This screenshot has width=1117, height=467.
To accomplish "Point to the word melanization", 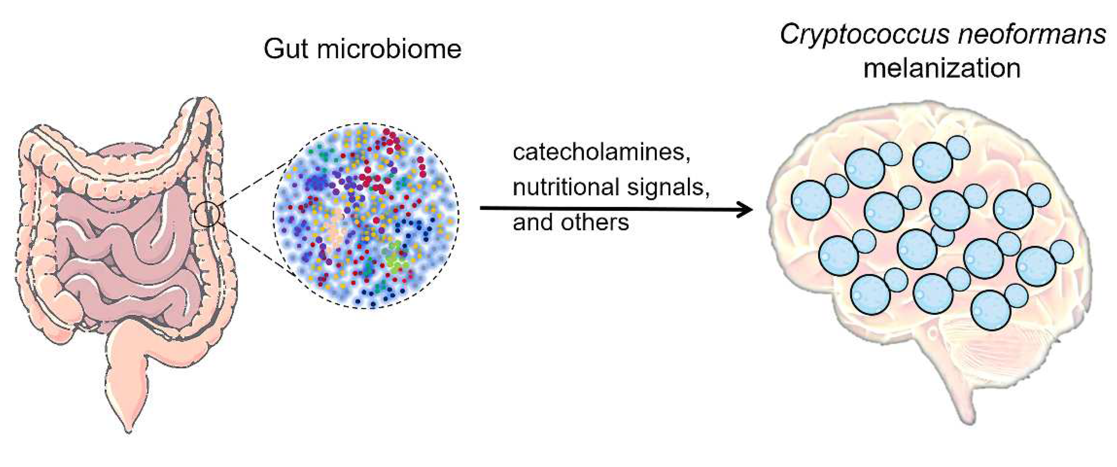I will coord(942,68).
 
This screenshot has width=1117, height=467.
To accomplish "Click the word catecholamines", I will coord(601,152).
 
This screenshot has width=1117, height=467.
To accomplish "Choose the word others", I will coord(594,222).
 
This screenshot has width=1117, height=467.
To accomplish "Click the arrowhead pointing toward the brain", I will coord(745,210).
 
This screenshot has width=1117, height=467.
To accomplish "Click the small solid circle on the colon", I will coord(207,214).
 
